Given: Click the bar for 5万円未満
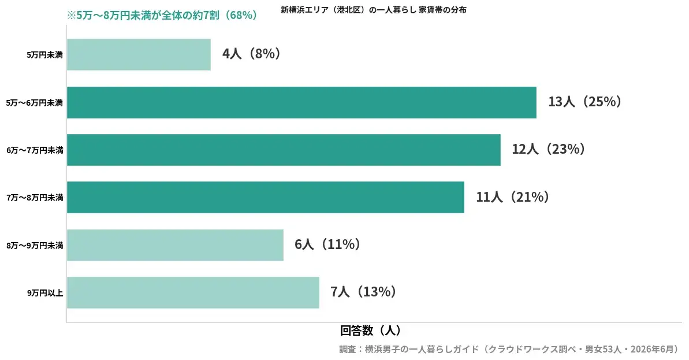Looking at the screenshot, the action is (x=139, y=54).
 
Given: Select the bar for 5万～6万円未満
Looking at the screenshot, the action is (x=301, y=102).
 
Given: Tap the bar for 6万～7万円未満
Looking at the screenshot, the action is (x=284, y=150).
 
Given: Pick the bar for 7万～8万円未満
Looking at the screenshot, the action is (x=266, y=198).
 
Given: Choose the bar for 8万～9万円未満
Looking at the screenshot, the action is (x=176, y=245).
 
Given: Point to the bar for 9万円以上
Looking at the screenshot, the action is (x=193, y=293).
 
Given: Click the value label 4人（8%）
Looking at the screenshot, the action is (x=251, y=54).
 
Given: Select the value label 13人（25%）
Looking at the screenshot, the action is (x=585, y=102).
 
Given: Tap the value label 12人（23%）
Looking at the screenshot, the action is (x=549, y=149).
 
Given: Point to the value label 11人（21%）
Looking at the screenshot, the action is (x=513, y=196).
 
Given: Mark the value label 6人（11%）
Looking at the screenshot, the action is (x=328, y=244).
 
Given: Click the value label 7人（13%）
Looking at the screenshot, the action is (x=363, y=291).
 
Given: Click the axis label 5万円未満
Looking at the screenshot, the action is (x=45, y=55).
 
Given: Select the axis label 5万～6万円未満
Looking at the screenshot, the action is (x=35, y=103).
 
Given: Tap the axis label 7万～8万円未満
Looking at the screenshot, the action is (x=35, y=198).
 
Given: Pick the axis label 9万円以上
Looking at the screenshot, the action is (x=45, y=293).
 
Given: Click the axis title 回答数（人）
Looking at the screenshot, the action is (x=371, y=331).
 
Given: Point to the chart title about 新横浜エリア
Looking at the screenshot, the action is (x=374, y=10).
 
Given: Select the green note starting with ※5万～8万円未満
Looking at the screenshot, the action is (x=162, y=16).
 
